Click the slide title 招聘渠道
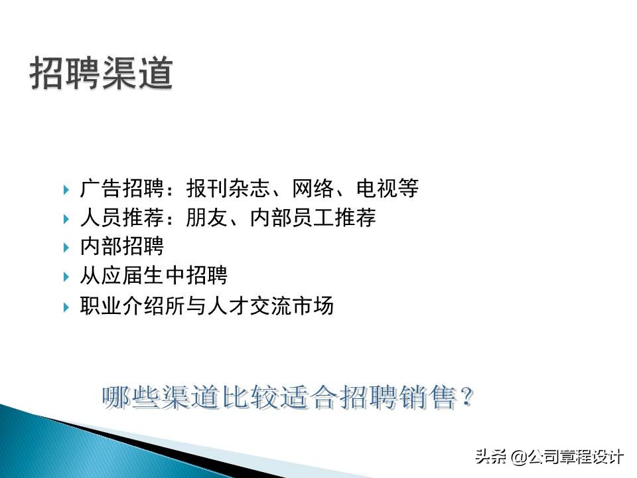[x=102, y=74]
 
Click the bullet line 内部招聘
[x=121, y=247]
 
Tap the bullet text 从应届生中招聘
[x=153, y=276]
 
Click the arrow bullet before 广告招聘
[x=66, y=190]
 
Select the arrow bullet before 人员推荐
[x=66, y=218]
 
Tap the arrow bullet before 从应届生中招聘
[x=66, y=276]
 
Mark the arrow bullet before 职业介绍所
[x=66, y=307]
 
